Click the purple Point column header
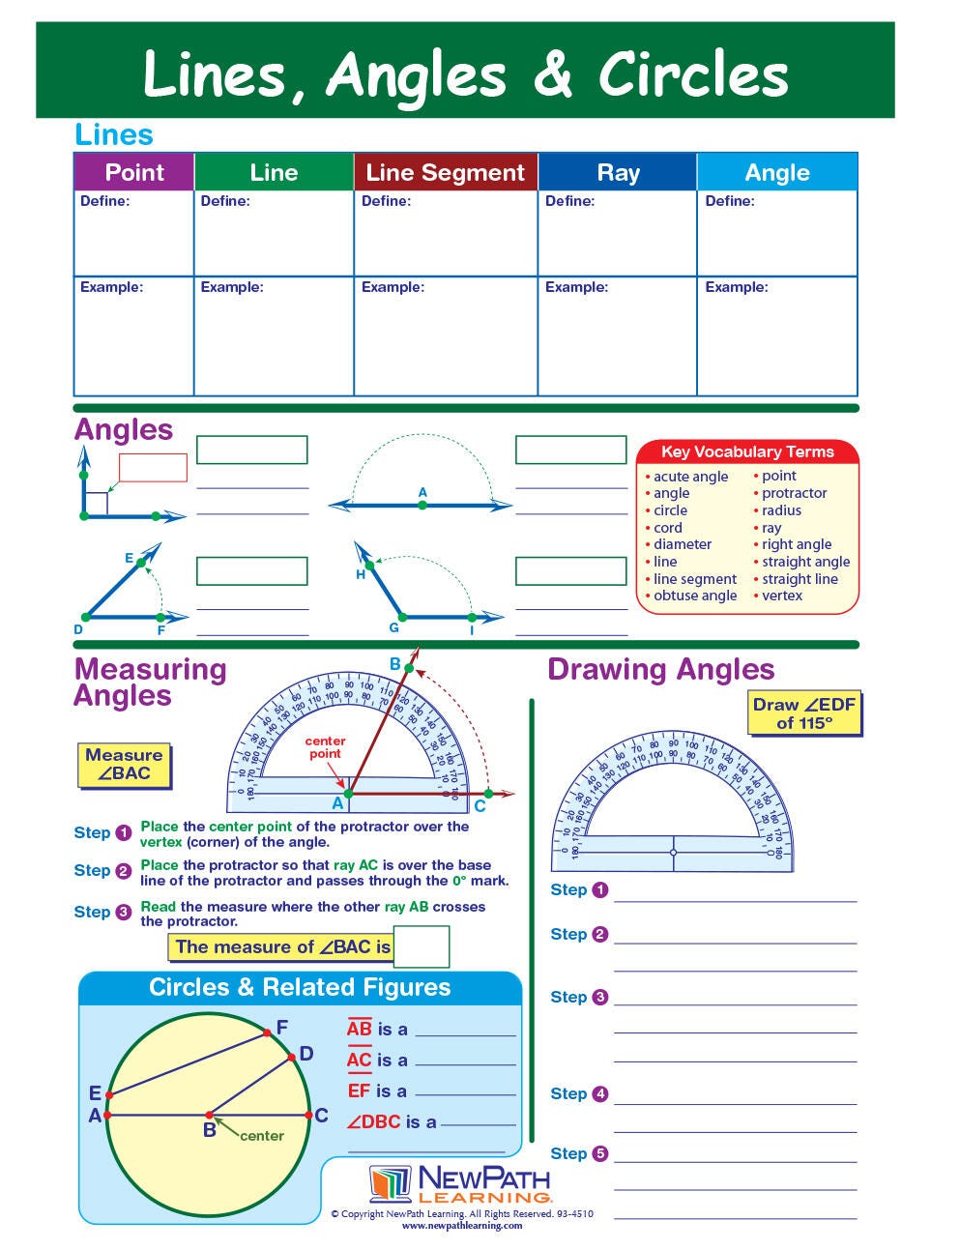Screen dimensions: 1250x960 click(134, 172)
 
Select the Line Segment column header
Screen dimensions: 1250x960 click(446, 172)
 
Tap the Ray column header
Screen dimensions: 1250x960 click(618, 172)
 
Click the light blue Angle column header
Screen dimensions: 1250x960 click(777, 172)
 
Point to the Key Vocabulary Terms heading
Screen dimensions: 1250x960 click(747, 451)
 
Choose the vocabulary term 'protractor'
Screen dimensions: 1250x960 click(794, 493)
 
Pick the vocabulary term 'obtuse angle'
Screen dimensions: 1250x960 click(694, 596)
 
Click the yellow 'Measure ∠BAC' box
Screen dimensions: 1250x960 click(124, 764)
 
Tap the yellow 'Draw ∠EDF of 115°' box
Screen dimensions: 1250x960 click(804, 713)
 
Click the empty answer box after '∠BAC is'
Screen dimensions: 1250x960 click(422, 946)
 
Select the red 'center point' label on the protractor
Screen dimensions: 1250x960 click(325, 747)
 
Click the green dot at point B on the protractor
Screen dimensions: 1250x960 click(409, 668)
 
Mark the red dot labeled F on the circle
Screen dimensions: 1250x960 click(270, 1033)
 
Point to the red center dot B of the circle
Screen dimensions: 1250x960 click(208, 1115)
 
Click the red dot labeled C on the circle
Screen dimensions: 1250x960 click(308, 1115)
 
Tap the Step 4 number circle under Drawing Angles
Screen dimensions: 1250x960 click(599, 1094)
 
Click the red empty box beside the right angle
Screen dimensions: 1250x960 click(153, 468)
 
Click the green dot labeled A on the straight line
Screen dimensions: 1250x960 click(422, 505)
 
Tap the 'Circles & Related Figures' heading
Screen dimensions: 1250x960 click(300, 987)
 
